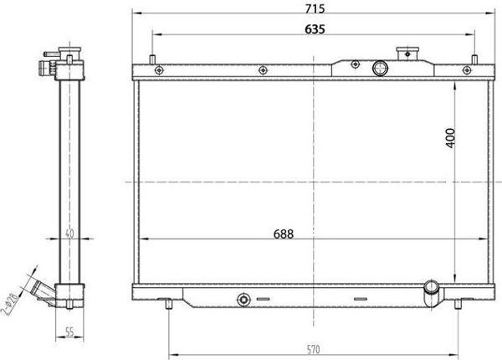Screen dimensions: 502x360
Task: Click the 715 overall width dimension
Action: coord(315,8)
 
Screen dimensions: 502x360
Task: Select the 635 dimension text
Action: coord(315,29)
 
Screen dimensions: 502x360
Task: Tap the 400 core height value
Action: coord(450,138)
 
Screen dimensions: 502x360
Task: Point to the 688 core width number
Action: coord(284,234)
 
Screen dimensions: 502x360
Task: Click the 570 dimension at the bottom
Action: coord(312,349)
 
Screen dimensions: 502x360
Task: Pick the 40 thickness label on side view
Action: coord(69,234)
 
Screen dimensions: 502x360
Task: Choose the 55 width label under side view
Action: coord(69,332)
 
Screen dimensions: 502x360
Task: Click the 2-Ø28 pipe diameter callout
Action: coord(9,304)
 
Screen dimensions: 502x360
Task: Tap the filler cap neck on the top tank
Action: coord(407,54)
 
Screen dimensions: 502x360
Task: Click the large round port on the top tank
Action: coord(381,68)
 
